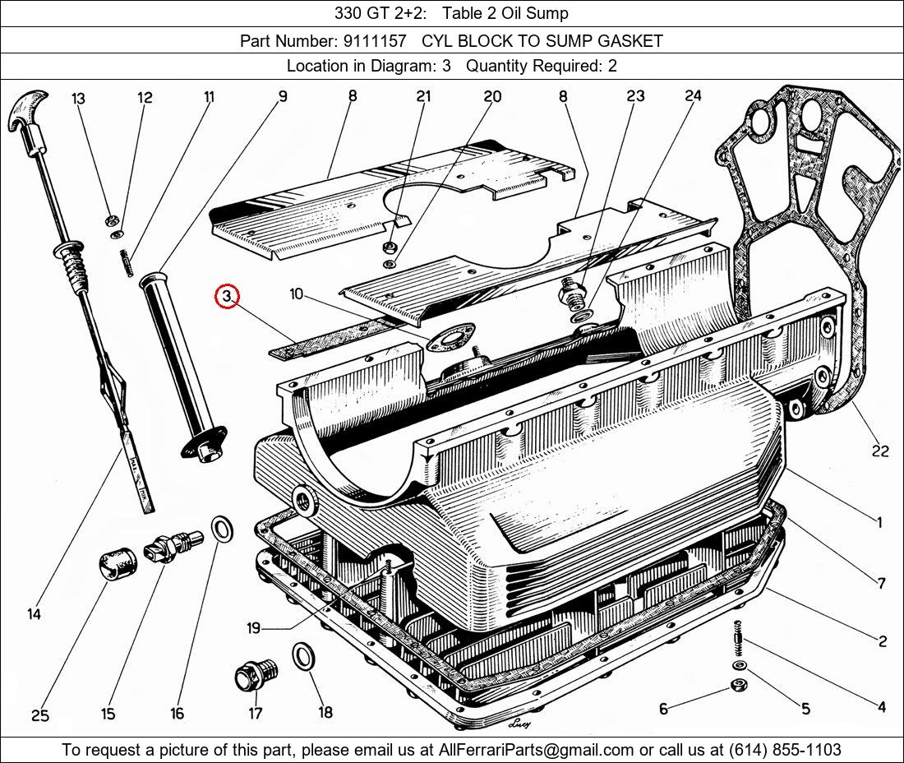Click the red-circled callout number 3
[227, 295]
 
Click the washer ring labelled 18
[303, 657]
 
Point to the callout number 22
[880, 451]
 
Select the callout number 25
[39, 715]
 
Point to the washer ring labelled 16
[221, 529]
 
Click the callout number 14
[34, 613]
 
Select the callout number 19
[253, 628]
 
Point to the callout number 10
[297, 294]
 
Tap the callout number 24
[693, 96]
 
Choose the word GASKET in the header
[632, 40]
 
